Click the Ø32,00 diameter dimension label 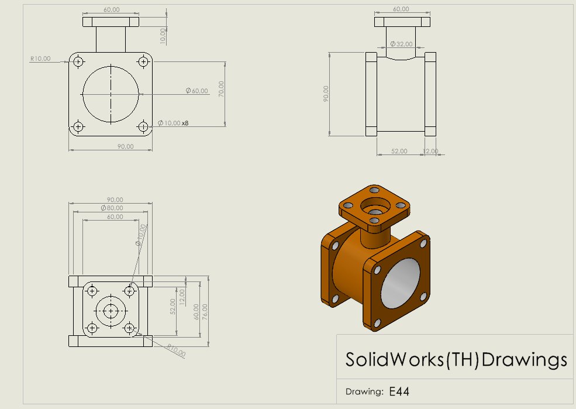click(401, 44)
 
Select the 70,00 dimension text click(221, 89)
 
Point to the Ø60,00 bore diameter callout click(197, 91)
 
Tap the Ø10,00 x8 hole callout click(173, 123)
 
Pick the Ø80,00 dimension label click(112, 208)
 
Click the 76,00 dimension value click(205, 312)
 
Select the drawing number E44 click(399, 391)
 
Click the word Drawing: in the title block click(364, 391)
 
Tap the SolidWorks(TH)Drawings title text click(456, 359)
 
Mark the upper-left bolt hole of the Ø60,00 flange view click(78, 61)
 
